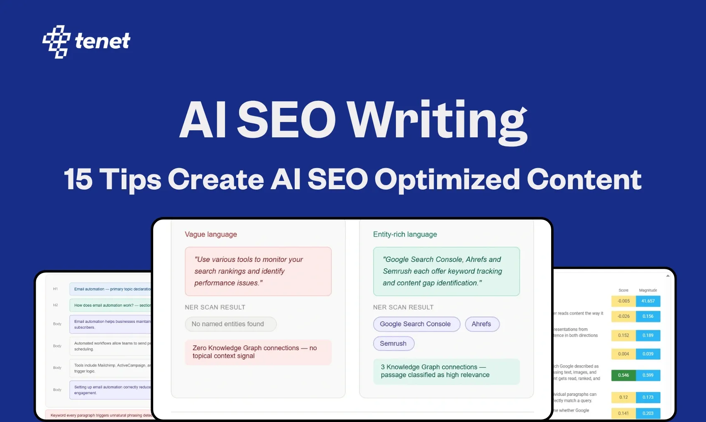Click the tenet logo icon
[x=56, y=41]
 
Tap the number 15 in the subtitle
[x=78, y=179]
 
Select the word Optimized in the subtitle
[x=447, y=179]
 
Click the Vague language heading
[x=211, y=234]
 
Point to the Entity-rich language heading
[x=405, y=234]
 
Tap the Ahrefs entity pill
[x=481, y=324]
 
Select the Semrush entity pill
[x=393, y=344]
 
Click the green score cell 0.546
[x=623, y=375]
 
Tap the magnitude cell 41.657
[x=648, y=301]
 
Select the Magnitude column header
[x=648, y=290]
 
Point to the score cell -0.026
[x=623, y=316]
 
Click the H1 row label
[x=56, y=289]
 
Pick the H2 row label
[x=56, y=305]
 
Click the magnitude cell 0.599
[x=648, y=375]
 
